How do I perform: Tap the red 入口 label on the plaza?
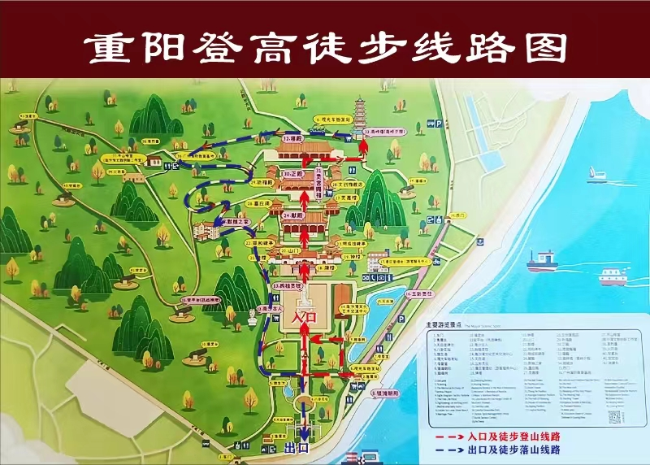click(x=302, y=316)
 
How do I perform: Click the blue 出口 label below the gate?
click(x=298, y=446)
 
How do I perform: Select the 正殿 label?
click(x=293, y=174)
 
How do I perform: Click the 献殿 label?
click(x=293, y=215)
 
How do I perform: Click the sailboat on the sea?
click(x=596, y=172)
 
